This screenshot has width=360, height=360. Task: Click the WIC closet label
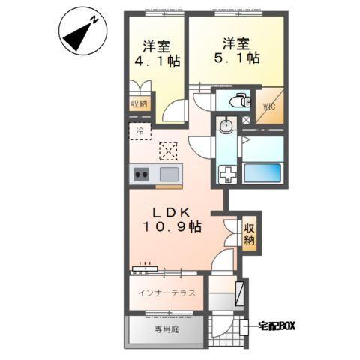pyautogui.click(x=270, y=106)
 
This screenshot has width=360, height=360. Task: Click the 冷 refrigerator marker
pyautogui.click(x=139, y=130)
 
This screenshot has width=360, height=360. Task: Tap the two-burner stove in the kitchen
pyautogui.click(x=141, y=175)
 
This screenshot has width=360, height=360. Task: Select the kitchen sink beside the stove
pyautogui.click(x=168, y=175)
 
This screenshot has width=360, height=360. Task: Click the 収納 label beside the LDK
pyautogui.click(x=249, y=235)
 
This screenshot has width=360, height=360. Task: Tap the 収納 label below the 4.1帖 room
pyautogui.click(x=139, y=104)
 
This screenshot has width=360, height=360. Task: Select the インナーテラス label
pyautogui.click(x=166, y=292)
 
